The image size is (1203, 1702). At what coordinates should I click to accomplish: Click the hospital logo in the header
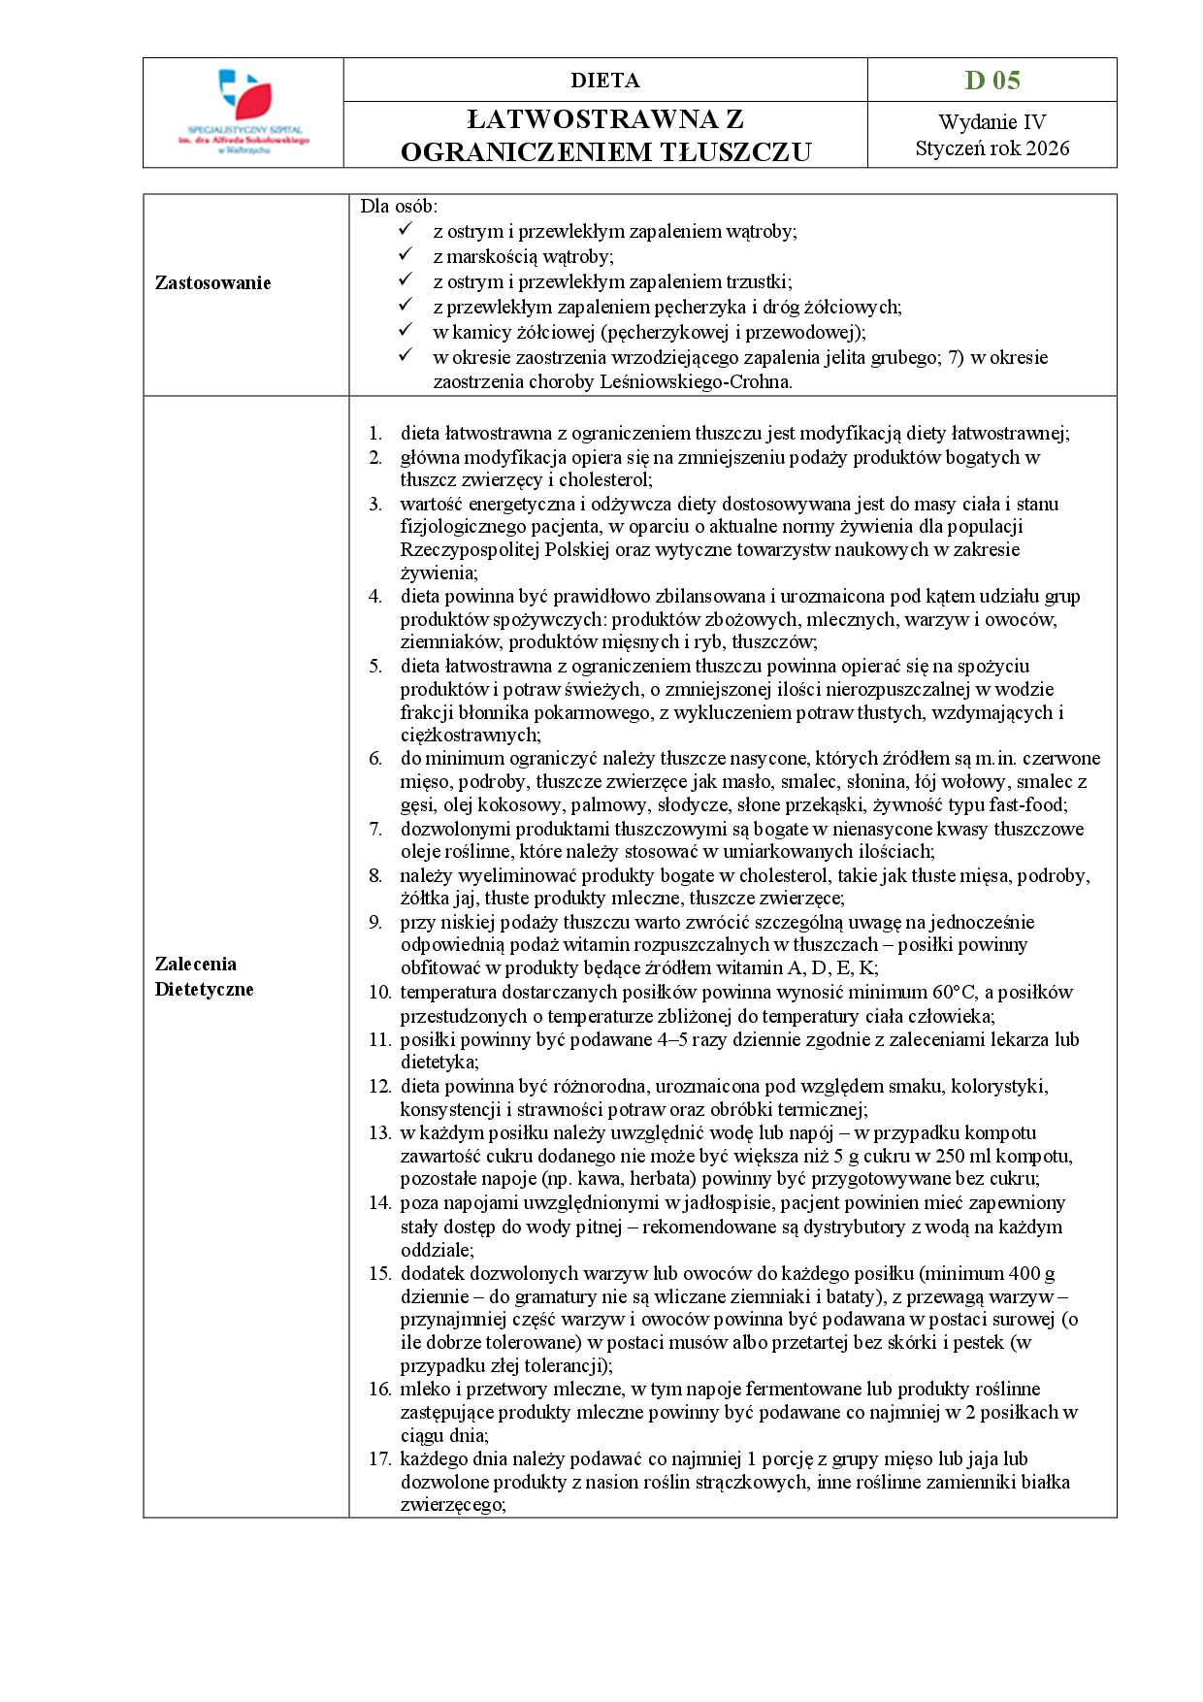pyautogui.click(x=244, y=112)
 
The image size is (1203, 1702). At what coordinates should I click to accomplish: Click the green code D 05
pyautogui.click(x=992, y=81)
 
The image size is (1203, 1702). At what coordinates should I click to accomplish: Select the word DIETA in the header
pyautogui.click(x=604, y=81)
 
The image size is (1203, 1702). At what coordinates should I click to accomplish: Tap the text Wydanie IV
pyautogui.click(x=992, y=122)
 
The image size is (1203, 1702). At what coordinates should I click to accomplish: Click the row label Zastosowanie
pyautogui.click(x=213, y=283)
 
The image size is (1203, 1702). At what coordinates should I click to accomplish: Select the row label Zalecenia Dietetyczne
pyautogui.click(x=205, y=976)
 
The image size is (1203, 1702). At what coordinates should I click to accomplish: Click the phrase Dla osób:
pyautogui.click(x=399, y=206)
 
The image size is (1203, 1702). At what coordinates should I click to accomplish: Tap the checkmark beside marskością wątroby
pyautogui.click(x=406, y=256)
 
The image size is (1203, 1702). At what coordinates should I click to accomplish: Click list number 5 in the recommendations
pyautogui.click(x=375, y=667)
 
